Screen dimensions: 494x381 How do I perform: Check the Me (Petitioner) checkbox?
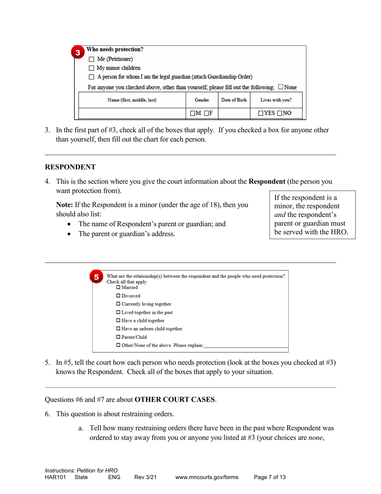pos(91,59)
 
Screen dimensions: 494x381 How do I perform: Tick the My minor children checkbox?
pos(91,68)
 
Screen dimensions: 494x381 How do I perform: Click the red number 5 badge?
pos(96,277)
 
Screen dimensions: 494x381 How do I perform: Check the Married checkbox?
pos(118,288)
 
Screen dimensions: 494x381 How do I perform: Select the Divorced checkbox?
pos(118,296)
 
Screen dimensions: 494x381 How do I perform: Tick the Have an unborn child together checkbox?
pos(118,329)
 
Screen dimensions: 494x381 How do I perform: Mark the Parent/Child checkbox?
pos(118,337)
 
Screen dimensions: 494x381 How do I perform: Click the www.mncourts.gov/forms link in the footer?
pos(207,478)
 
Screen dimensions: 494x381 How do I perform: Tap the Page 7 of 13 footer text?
pos(270,478)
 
